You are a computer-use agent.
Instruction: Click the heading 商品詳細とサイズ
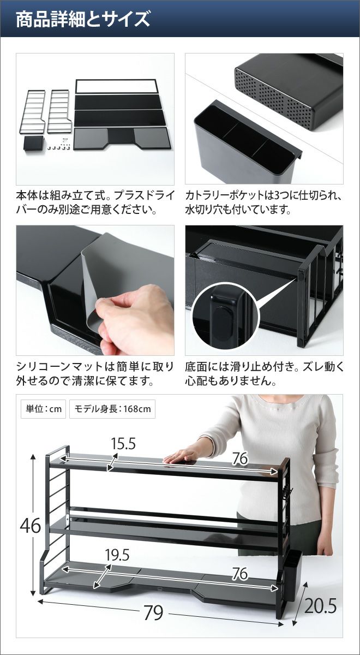pos(83,19)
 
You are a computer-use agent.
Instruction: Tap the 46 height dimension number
pos(31,526)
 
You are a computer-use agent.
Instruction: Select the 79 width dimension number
pos(154,612)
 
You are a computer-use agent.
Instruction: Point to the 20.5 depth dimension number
pos(321,605)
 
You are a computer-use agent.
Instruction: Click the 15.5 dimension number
pos(123,444)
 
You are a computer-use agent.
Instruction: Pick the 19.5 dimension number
pos(117,555)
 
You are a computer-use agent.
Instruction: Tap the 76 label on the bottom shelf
pos(240,573)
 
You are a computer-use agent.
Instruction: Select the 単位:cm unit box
pos(44,408)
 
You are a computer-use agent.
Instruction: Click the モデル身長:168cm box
pos(112,408)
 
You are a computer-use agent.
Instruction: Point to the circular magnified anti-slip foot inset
pos(226,316)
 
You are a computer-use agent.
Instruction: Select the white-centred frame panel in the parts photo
pos(118,86)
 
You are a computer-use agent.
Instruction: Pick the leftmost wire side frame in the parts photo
pos(32,112)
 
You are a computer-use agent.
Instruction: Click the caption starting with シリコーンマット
pos(95,374)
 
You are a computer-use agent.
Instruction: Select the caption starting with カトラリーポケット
pos(264,203)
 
